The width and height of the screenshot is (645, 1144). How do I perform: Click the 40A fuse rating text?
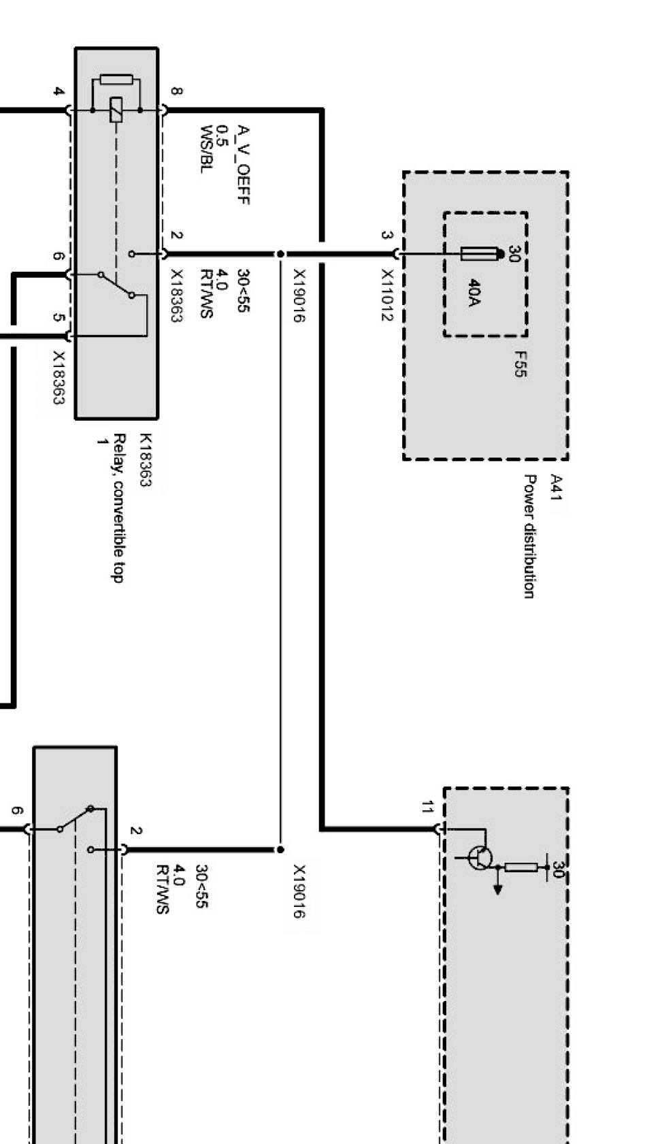474,292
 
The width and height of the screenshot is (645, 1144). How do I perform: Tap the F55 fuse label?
520,364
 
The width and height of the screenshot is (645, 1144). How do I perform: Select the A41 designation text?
556,488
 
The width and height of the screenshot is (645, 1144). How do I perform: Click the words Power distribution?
529,536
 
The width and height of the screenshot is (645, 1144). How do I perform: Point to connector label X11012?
387,295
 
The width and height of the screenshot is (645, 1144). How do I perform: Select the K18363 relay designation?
146,460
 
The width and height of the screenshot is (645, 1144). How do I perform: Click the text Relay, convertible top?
118,508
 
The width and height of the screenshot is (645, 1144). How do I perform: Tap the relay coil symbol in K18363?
116,110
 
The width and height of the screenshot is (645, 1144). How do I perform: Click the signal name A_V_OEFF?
244,165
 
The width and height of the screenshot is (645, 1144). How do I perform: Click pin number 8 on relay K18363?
177,91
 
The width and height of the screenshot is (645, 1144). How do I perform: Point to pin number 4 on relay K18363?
59,91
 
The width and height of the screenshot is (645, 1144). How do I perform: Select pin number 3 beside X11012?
387,236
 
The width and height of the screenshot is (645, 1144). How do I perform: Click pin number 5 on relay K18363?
59,317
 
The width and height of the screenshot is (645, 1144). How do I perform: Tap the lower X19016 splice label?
299,891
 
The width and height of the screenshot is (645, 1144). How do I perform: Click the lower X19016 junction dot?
280,849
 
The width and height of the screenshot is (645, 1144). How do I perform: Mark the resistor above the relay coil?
116,80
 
